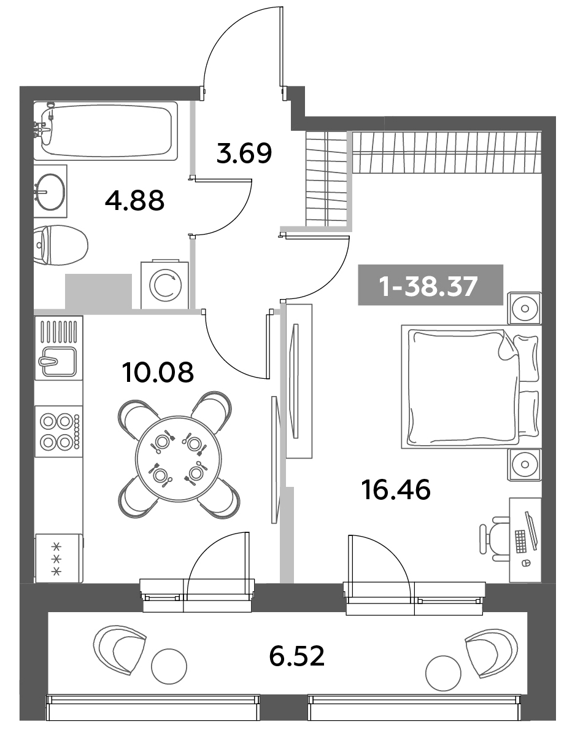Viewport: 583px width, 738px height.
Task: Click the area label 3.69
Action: (244, 153)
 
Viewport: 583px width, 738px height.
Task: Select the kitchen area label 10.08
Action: (158, 371)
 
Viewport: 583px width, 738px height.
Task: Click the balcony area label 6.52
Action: (296, 658)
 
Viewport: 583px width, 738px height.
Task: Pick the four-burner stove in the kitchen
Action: (58, 431)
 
